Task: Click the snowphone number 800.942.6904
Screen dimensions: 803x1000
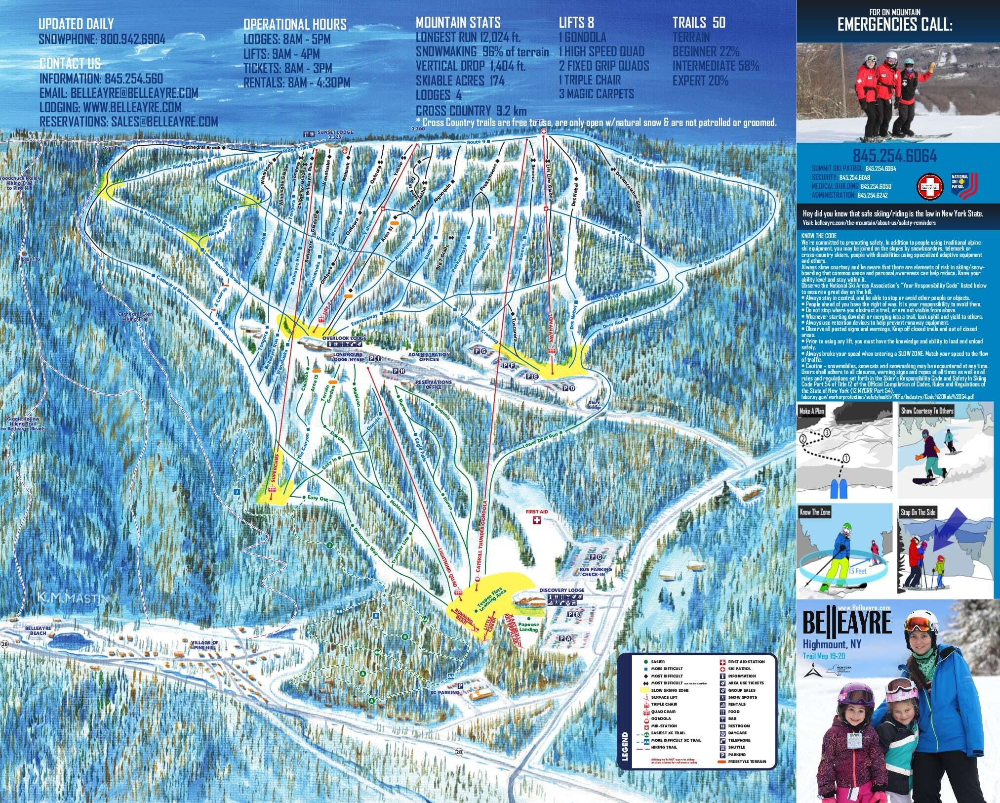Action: click(x=132, y=40)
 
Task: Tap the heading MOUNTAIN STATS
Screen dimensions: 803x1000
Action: click(x=458, y=22)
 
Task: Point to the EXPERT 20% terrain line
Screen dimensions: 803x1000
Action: click(x=700, y=80)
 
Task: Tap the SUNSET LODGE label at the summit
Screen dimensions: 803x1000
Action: click(x=335, y=133)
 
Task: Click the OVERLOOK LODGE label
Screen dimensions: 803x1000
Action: click(x=344, y=338)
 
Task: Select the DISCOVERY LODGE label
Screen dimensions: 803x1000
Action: click(x=561, y=591)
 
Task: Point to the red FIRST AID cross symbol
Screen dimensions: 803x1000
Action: click(x=536, y=521)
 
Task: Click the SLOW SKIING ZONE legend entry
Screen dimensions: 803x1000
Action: click(x=669, y=690)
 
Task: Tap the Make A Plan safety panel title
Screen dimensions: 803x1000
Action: click(x=812, y=411)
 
